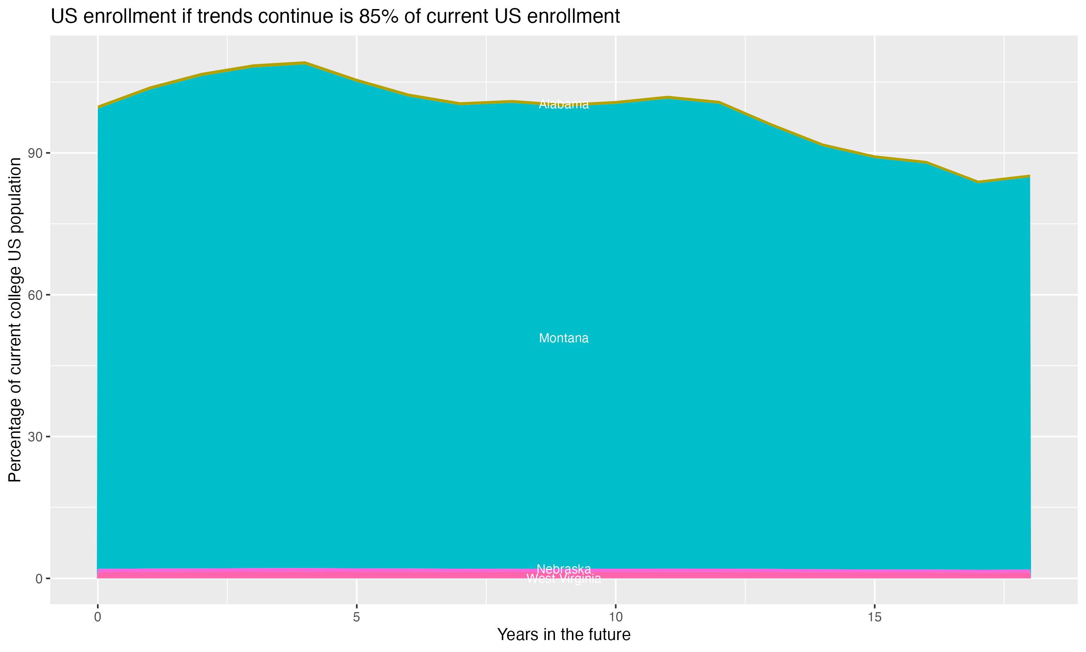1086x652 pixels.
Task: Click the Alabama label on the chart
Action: click(564, 104)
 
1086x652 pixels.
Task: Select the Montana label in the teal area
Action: click(564, 338)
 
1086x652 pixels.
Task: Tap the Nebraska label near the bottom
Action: click(564, 569)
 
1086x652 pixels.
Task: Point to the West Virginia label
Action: click(564, 578)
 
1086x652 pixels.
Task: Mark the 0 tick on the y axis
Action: click(39, 578)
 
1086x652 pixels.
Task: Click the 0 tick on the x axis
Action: click(97, 617)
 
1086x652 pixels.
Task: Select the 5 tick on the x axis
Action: click(357, 617)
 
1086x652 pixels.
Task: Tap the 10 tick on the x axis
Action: click(615, 617)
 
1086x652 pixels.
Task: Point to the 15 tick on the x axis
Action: click(875, 617)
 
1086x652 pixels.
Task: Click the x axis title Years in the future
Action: click(564, 634)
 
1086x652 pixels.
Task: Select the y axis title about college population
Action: click(15, 320)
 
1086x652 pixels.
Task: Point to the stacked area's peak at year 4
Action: click(305, 63)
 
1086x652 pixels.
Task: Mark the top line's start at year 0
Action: click(98, 107)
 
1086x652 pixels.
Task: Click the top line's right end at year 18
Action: click(1030, 176)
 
